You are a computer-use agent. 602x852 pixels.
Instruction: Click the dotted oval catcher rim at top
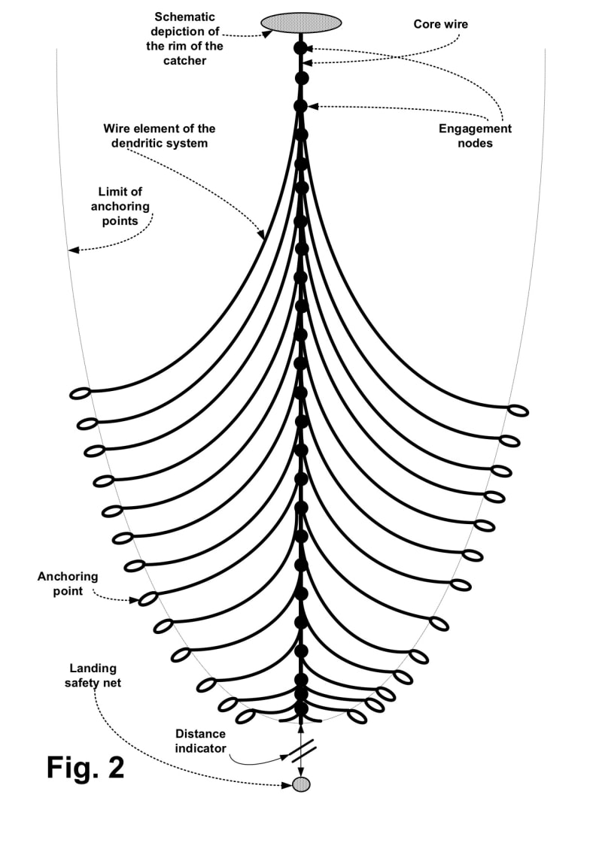(x=301, y=23)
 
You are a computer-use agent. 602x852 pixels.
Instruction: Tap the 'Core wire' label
(x=440, y=25)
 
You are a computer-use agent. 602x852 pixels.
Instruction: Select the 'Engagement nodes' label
(x=475, y=135)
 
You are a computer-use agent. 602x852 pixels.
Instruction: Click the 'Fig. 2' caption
(x=85, y=768)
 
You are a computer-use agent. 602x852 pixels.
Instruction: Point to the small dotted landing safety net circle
(x=301, y=784)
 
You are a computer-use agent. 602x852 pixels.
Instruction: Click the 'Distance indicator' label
(x=199, y=740)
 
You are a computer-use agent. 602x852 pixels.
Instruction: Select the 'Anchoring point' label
(x=68, y=584)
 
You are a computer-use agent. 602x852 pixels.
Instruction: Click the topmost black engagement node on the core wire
(x=301, y=48)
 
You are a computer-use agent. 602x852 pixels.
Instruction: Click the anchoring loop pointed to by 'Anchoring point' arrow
(x=148, y=599)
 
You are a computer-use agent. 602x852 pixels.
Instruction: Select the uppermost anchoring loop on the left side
(x=80, y=393)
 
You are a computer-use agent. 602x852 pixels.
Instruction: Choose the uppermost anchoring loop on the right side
(x=518, y=411)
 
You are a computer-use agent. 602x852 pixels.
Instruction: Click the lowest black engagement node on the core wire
(x=301, y=708)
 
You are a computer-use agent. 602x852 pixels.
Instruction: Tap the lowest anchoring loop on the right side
(x=357, y=717)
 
